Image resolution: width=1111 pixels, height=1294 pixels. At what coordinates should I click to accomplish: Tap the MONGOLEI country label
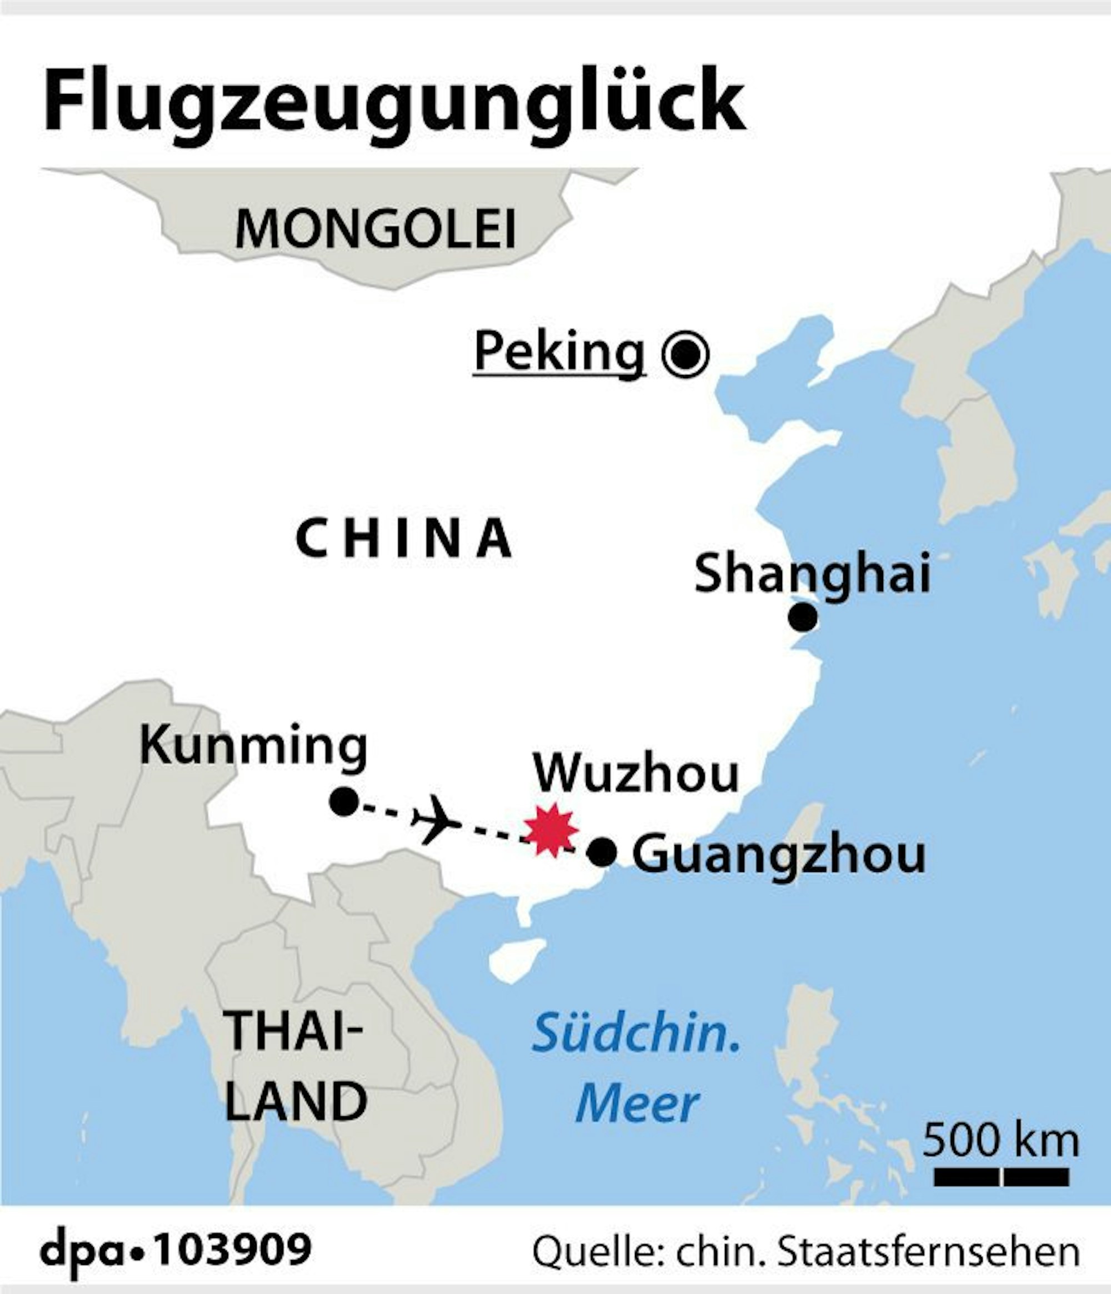376,229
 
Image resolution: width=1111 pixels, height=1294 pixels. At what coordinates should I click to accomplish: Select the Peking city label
559,352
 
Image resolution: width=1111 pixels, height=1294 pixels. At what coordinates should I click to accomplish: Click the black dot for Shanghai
803,618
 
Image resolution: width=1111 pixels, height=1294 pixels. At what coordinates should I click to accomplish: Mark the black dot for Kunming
343,801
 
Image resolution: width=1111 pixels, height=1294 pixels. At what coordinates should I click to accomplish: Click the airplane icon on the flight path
436,820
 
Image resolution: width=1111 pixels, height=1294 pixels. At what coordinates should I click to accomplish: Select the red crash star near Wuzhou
551,830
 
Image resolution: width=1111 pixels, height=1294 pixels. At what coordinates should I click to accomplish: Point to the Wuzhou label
635,774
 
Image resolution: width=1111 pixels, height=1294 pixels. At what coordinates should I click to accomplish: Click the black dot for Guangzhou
602,852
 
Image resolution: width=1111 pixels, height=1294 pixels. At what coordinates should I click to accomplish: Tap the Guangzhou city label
779,855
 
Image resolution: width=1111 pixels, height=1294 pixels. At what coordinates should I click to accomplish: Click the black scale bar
1002,1177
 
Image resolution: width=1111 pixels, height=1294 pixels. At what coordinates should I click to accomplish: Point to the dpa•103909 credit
176,1248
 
